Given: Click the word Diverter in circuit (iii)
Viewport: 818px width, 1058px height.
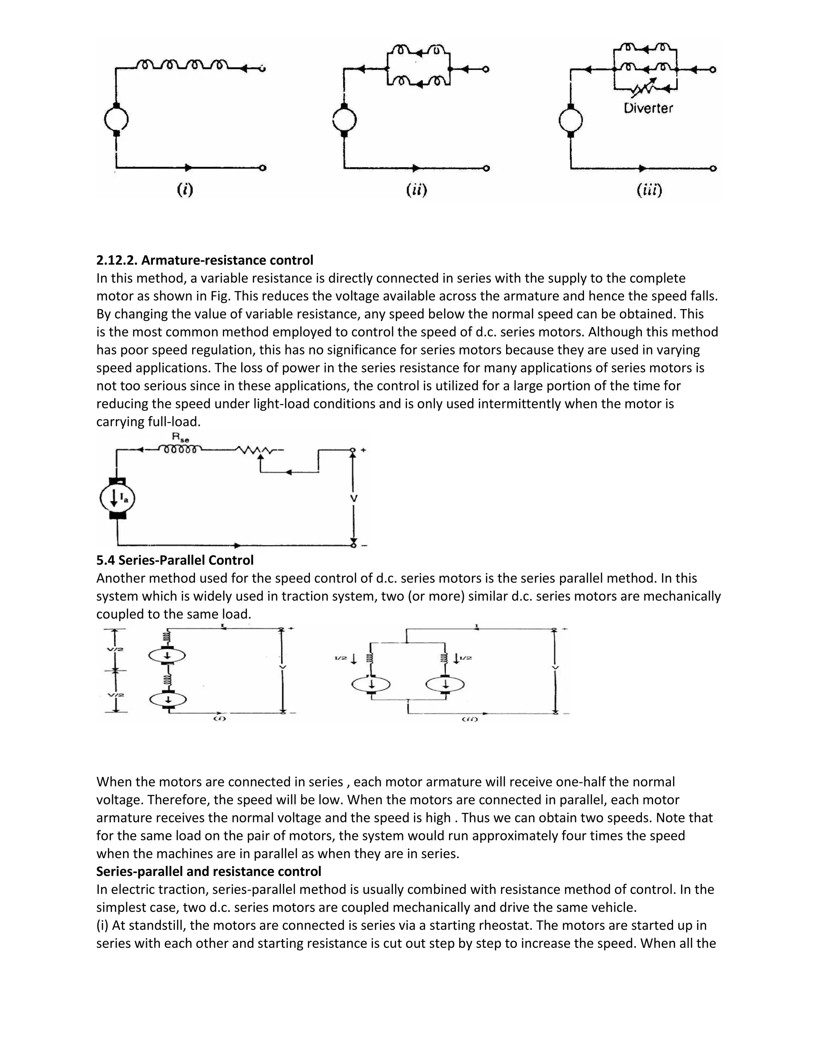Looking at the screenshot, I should (648, 108).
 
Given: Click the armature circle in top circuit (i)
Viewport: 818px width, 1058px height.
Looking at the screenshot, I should (116, 119).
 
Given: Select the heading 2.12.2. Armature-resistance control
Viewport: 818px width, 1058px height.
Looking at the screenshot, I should (204, 260).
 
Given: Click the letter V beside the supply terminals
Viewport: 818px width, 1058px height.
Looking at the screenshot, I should (354, 498).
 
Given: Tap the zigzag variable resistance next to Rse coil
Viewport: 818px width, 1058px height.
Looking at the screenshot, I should (255, 450).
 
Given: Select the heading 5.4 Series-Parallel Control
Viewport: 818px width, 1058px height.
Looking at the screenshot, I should (175, 560).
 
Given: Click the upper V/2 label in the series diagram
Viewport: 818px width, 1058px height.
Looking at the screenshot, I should (116, 649).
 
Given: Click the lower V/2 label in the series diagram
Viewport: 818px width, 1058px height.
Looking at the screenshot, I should (116, 695).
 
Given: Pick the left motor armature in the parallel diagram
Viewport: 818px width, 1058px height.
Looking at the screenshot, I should (371, 684).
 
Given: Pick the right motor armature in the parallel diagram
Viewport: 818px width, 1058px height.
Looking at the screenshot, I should (445, 684).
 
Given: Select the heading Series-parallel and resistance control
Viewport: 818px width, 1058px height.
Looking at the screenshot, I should (208, 872).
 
